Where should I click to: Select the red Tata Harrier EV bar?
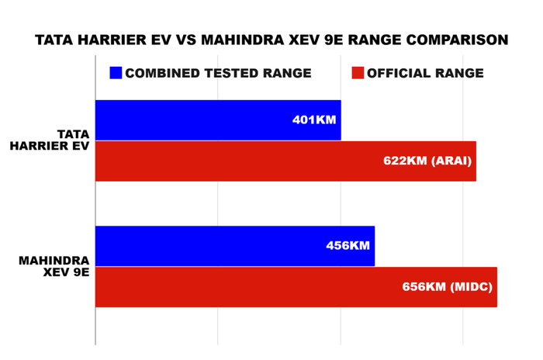tap(233, 161)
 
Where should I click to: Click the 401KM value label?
tap(314, 121)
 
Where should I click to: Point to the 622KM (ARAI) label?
tap(427, 161)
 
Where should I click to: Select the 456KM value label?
tap(348, 246)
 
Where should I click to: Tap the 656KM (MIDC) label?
tap(448, 287)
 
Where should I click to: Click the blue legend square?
tap(116, 73)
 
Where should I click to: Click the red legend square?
tap(358, 73)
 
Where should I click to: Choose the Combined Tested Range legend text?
tap(218, 73)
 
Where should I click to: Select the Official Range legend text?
tap(425, 73)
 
